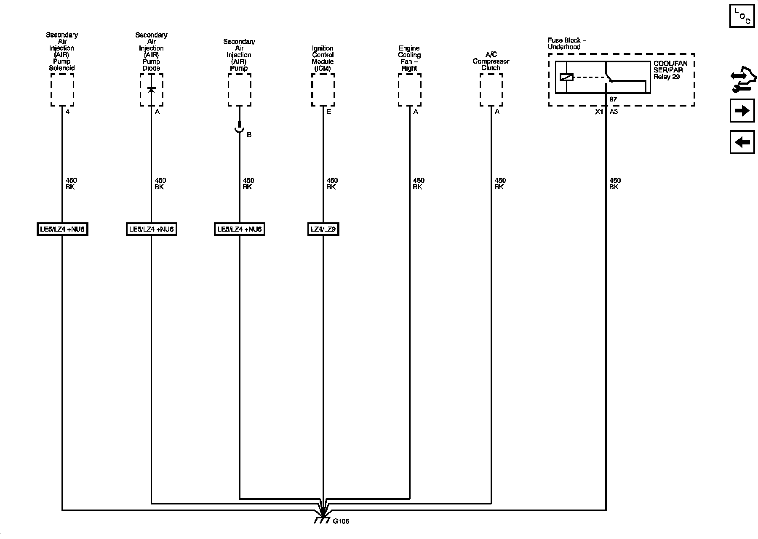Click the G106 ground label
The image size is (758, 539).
[x=341, y=521]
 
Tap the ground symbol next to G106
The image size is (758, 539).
[x=322, y=520]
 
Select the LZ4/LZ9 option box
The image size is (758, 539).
[x=323, y=229]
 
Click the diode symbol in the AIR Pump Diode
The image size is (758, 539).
[x=151, y=90]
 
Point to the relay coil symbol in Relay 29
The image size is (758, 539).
[x=566, y=77]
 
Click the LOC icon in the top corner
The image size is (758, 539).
[x=742, y=16]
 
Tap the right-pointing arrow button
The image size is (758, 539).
[x=742, y=111]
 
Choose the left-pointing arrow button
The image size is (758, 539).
[x=742, y=142]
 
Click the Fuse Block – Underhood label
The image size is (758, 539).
[x=566, y=43]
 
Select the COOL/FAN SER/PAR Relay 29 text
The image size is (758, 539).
[x=670, y=70]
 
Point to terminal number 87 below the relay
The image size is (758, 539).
[x=613, y=99]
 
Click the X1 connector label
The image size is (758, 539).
[x=599, y=112]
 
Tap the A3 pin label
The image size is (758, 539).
[x=614, y=112]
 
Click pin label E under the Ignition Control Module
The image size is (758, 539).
[x=328, y=112]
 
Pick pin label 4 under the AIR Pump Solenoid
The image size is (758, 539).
[x=67, y=112]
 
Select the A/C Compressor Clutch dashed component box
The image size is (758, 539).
[x=491, y=90]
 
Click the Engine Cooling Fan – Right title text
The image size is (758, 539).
[x=409, y=58]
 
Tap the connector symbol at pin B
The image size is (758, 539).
[x=239, y=128]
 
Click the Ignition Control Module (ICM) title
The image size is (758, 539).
[x=323, y=58]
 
